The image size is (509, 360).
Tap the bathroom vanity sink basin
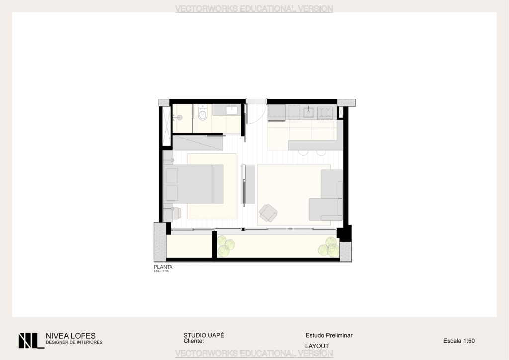(232, 110)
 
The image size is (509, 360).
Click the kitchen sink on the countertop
(308, 112)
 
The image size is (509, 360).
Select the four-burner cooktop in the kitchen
(324, 113)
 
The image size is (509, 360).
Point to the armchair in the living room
(268, 213)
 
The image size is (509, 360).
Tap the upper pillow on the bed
(172, 176)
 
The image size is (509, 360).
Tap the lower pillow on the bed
(172, 193)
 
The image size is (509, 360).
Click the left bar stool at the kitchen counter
(303, 153)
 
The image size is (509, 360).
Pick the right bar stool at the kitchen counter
(322, 153)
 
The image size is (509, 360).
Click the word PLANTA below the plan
(163, 267)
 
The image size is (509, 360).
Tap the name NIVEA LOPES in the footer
(71, 336)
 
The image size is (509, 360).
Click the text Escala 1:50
(459, 341)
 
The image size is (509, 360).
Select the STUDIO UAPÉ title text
(204, 335)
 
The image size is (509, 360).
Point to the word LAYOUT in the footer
(317, 346)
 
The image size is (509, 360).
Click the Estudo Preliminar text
(329, 335)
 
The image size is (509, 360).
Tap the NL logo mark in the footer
(31, 341)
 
